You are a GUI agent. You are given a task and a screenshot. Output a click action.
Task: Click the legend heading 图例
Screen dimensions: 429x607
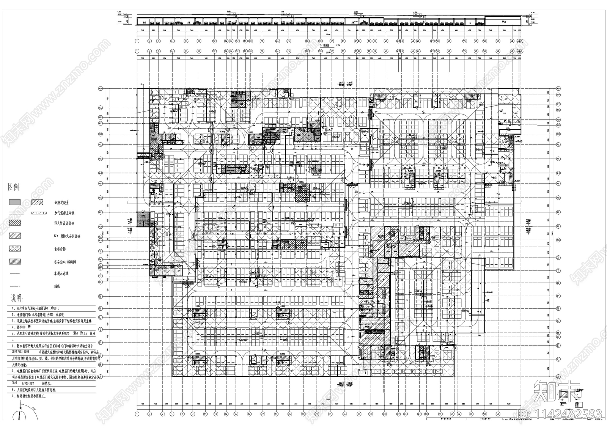tap(14, 187)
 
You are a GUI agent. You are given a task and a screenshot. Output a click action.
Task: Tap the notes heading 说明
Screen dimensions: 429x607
tap(16, 297)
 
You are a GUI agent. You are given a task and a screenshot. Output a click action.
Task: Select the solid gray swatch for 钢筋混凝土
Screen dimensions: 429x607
tap(15, 202)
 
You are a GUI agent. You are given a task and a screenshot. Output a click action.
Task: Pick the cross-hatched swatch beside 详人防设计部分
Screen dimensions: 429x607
tap(15, 223)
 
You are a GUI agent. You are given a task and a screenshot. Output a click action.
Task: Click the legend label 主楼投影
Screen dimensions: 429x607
tap(60, 249)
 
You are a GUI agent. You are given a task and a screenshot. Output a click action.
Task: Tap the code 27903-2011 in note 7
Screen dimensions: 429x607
tap(29, 383)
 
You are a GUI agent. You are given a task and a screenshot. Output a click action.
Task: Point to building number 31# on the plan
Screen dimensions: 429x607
tap(503, 98)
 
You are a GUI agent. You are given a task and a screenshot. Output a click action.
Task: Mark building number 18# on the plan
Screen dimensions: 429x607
tap(166, 234)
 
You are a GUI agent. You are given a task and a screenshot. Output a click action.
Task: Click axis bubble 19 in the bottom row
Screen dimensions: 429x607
tap(249, 414)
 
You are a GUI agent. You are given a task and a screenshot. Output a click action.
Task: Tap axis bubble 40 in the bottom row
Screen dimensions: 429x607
tap(384, 414)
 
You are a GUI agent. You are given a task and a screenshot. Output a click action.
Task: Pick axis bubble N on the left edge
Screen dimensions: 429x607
tap(100, 296)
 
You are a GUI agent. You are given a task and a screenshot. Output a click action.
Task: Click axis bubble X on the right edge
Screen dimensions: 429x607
tap(558, 258)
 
